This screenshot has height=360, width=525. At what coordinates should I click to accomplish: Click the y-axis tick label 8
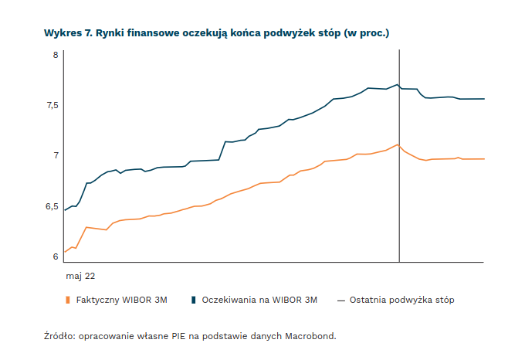pos(56,55)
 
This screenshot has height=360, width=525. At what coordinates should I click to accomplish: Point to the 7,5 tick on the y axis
pos(52,105)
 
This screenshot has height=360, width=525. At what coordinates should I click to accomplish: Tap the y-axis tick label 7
pos(56,155)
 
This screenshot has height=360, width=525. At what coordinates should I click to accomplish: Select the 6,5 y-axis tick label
pos(52,206)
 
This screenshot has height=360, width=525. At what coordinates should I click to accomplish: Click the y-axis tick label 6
pos(56,256)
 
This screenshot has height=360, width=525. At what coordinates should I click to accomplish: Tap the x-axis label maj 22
pos(80,275)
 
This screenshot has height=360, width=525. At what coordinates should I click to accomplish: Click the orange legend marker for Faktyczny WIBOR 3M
pos(68,300)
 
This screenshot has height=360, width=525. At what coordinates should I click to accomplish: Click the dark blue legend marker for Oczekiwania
pos(194,300)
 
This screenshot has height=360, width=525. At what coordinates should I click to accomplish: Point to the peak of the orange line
pos(398,144)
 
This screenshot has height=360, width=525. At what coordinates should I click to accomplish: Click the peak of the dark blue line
pos(398,84)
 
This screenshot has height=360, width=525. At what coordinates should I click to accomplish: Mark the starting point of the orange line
pos(64,252)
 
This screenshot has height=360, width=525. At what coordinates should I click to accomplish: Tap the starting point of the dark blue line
pos(64,210)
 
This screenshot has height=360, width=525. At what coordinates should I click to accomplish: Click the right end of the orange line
pos(484,159)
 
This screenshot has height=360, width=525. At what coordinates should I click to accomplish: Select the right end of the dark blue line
pos(484,99)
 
